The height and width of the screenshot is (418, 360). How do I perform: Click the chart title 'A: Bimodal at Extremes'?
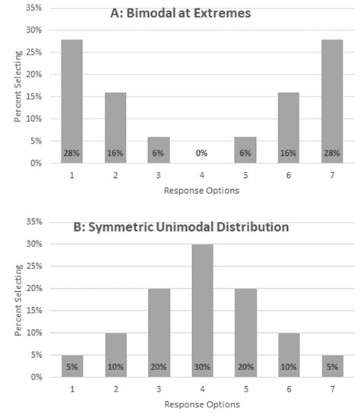point(181,13)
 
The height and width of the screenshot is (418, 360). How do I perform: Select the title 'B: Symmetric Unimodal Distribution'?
point(181,227)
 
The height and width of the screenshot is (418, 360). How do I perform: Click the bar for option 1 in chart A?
point(72,101)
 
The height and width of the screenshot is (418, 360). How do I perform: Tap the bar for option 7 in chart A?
point(332,101)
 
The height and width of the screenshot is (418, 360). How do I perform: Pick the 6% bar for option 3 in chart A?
point(159,150)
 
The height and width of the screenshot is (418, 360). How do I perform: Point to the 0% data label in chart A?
point(201,153)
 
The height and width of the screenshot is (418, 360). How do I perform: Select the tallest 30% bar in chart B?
point(203,311)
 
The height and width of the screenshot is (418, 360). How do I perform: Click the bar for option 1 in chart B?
point(72,366)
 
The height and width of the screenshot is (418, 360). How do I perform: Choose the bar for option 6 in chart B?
point(289,355)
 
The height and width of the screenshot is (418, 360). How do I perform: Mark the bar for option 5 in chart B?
point(245,333)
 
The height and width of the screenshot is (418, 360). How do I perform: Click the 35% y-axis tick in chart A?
point(34,8)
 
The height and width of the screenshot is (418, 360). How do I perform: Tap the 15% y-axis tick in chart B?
point(34,311)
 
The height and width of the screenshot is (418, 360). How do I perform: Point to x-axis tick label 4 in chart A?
point(202,176)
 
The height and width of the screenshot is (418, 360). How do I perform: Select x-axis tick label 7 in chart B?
point(333,389)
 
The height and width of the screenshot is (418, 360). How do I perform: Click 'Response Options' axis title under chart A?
point(201,191)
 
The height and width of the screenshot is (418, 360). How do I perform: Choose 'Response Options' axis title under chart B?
point(202,404)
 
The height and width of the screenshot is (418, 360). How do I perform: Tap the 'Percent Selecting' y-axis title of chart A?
point(17,87)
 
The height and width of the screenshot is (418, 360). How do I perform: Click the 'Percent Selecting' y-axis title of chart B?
point(18,300)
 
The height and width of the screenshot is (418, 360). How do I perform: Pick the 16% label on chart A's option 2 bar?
point(115,153)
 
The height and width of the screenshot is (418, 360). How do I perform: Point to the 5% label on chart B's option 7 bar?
point(333,367)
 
